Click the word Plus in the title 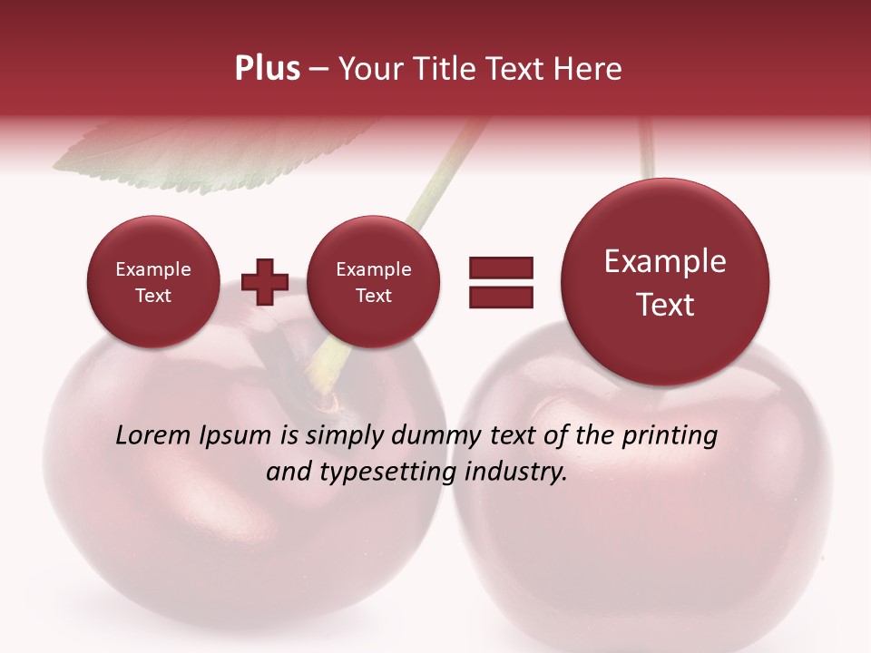[267, 69]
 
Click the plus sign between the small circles [265, 281]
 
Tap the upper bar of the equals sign [500, 267]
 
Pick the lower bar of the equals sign [500, 297]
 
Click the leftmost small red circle [153, 281]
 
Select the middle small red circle [373, 281]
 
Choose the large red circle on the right [665, 281]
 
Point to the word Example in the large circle [665, 261]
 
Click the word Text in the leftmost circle [153, 296]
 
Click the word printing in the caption [669, 436]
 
